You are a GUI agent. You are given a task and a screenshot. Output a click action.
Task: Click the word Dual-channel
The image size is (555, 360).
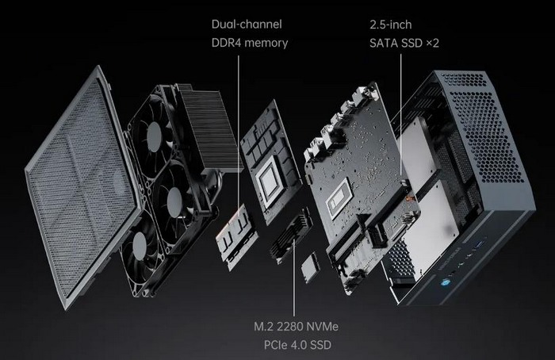coord(247,25)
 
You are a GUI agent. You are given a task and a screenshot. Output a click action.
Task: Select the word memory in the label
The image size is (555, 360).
coord(266,43)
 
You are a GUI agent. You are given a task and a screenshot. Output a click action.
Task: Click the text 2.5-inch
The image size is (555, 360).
coord(391,25)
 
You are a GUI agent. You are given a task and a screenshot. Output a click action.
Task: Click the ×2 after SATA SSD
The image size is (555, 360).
coord(432,43)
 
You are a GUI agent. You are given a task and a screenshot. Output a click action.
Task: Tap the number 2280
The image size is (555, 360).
coord(289,326)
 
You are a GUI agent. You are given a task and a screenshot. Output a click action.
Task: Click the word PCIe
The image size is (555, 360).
coord(275,344)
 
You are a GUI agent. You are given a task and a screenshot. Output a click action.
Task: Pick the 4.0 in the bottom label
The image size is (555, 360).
coord(297,344)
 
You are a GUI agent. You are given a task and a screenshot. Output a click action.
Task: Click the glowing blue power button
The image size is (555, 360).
coord(445,283)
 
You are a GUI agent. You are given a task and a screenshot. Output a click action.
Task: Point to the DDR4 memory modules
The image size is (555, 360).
coord(235,236)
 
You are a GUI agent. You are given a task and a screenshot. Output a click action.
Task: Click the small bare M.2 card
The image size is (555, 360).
coord(311,268)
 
